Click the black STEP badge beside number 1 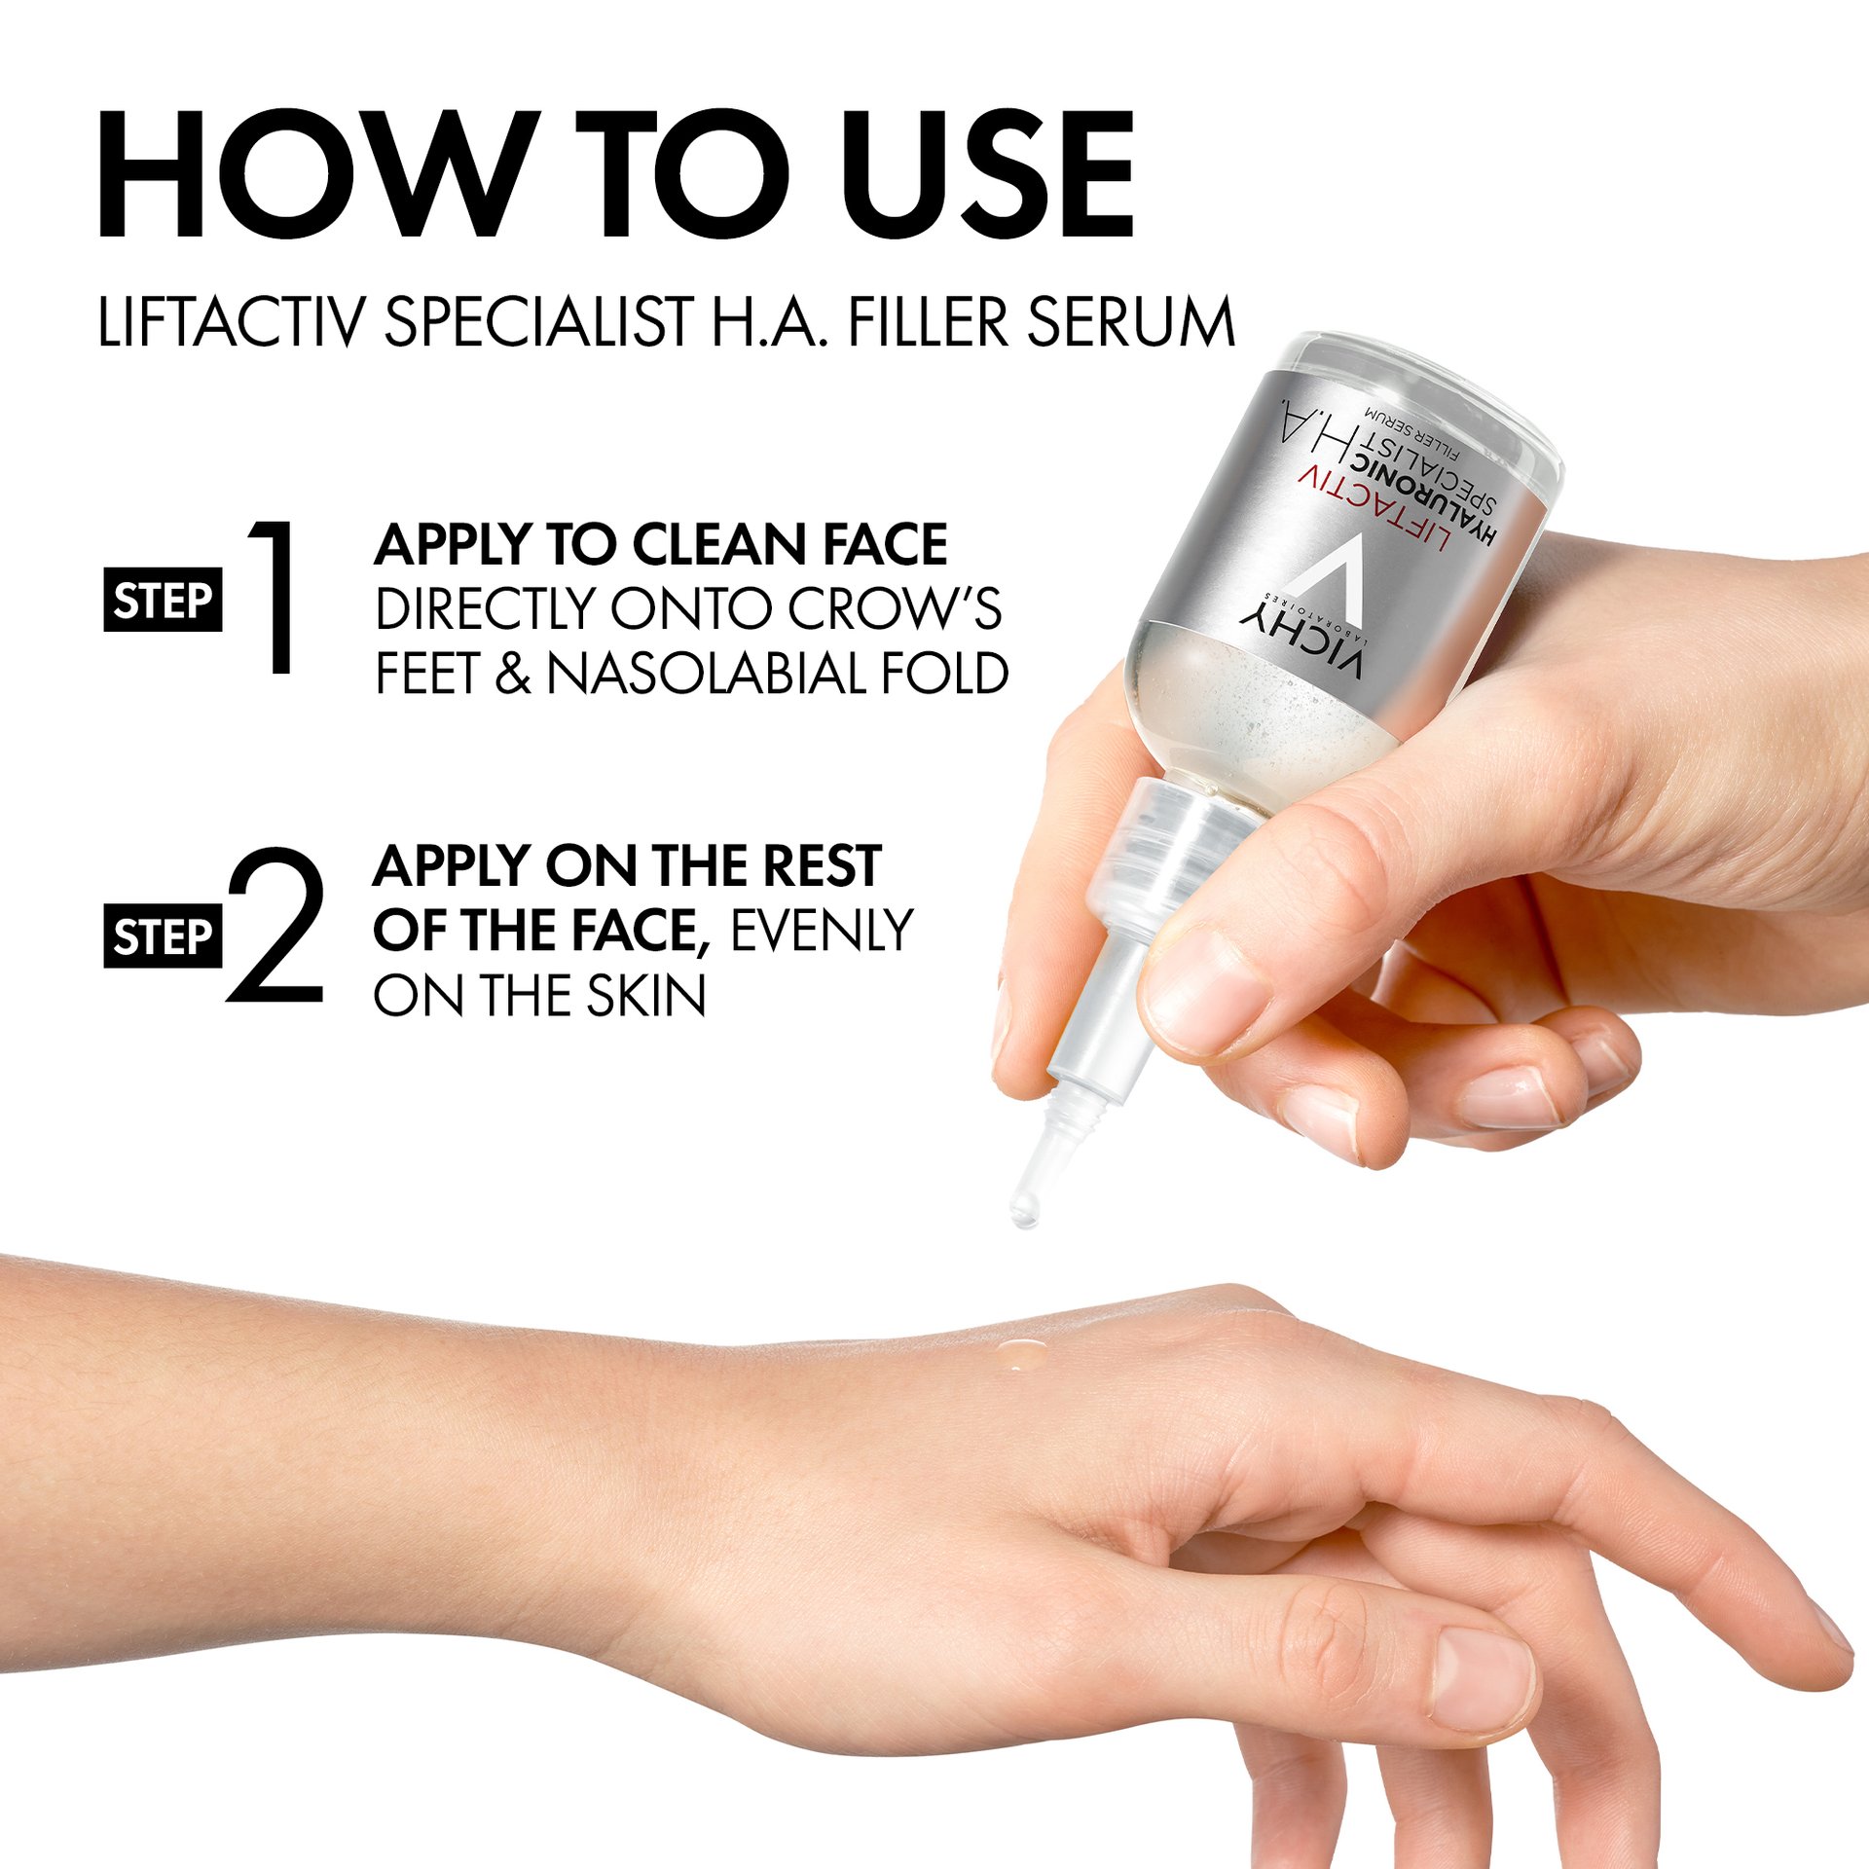point(163,599)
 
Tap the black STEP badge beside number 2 point(163,935)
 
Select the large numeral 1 point(273,596)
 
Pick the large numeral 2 point(275,925)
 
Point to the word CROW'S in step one point(894,608)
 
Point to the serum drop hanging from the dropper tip point(1023,1210)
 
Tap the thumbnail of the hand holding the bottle point(1206,988)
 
